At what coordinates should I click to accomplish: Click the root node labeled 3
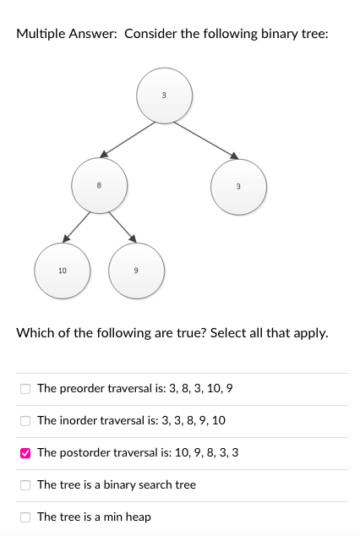[164, 96]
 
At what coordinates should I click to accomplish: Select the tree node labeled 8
[99, 184]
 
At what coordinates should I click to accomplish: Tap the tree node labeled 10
[62, 271]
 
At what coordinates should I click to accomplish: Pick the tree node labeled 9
[136, 271]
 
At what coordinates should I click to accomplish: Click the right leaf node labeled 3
[238, 186]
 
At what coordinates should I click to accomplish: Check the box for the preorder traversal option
[25, 389]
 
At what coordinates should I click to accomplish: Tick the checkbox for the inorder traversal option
[25, 421]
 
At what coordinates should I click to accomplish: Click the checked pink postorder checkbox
[25, 453]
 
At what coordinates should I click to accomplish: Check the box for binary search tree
[25, 485]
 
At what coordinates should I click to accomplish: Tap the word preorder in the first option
[83, 389]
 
